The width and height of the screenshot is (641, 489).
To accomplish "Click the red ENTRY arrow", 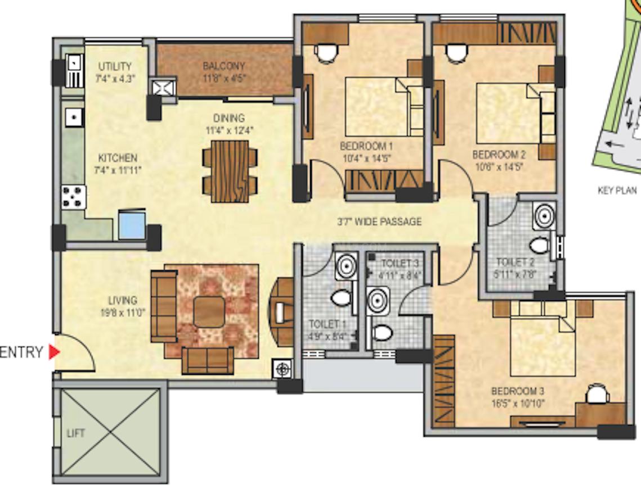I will pyautogui.click(x=54, y=352).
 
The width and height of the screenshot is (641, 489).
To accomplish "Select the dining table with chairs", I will pyautogui.click(x=230, y=171).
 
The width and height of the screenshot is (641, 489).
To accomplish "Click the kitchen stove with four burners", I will pyautogui.click(x=74, y=197).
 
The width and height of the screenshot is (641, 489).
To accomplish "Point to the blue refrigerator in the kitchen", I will pyautogui.click(x=132, y=225).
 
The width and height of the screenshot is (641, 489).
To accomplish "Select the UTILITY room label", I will pyautogui.click(x=115, y=66).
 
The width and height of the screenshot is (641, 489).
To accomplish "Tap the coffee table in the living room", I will pyautogui.click(x=209, y=312).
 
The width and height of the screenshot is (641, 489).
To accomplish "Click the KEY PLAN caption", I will pyautogui.click(x=617, y=191).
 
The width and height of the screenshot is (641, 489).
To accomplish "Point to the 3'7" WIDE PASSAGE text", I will pyautogui.click(x=379, y=222).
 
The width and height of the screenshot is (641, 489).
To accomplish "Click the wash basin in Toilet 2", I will pyautogui.click(x=544, y=216).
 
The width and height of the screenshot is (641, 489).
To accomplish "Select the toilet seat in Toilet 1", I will pyautogui.click(x=341, y=298).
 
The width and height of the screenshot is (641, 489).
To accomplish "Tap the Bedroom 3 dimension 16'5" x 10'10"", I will pyautogui.click(x=517, y=403).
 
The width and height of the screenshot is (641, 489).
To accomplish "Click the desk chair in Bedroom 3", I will pyautogui.click(x=596, y=394).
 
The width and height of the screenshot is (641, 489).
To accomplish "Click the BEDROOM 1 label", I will pyautogui.click(x=366, y=146).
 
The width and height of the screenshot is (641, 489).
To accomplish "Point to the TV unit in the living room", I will pyautogui.click(x=282, y=309).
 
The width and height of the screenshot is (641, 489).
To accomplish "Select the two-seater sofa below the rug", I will pyautogui.click(x=208, y=360).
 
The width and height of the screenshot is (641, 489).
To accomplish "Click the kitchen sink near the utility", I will pyautogui.click(x=74, y=117).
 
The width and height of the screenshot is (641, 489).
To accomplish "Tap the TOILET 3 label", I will pyautogui.click(x=400, y=264).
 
